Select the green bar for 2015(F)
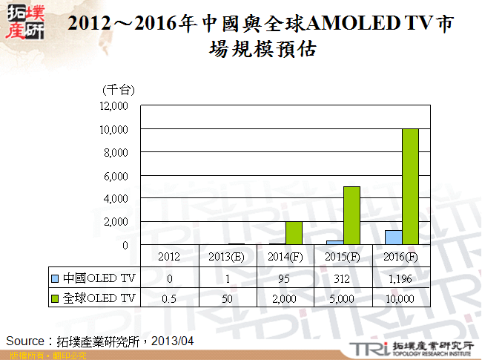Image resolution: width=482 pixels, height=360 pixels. point(351,215)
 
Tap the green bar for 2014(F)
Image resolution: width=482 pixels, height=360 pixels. point(294,233)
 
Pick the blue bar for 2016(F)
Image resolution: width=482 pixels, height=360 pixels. point(393,238)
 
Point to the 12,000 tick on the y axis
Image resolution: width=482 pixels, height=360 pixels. point(113,106)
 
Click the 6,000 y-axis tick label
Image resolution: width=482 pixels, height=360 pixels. point(116,176)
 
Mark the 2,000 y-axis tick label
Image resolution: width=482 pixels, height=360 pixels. point(116,222)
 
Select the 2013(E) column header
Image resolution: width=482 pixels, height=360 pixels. point(228,257)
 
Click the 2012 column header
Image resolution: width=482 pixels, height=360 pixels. point(170,257)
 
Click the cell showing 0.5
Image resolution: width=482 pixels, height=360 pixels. point(170,298)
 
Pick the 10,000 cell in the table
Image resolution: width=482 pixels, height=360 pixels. point(401,298)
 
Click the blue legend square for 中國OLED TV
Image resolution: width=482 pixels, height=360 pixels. point(56,278)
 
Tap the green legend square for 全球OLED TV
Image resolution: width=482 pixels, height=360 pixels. point(56,298)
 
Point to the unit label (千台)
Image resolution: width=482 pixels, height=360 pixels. point(117,90)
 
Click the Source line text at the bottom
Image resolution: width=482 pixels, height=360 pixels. point(100,341)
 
